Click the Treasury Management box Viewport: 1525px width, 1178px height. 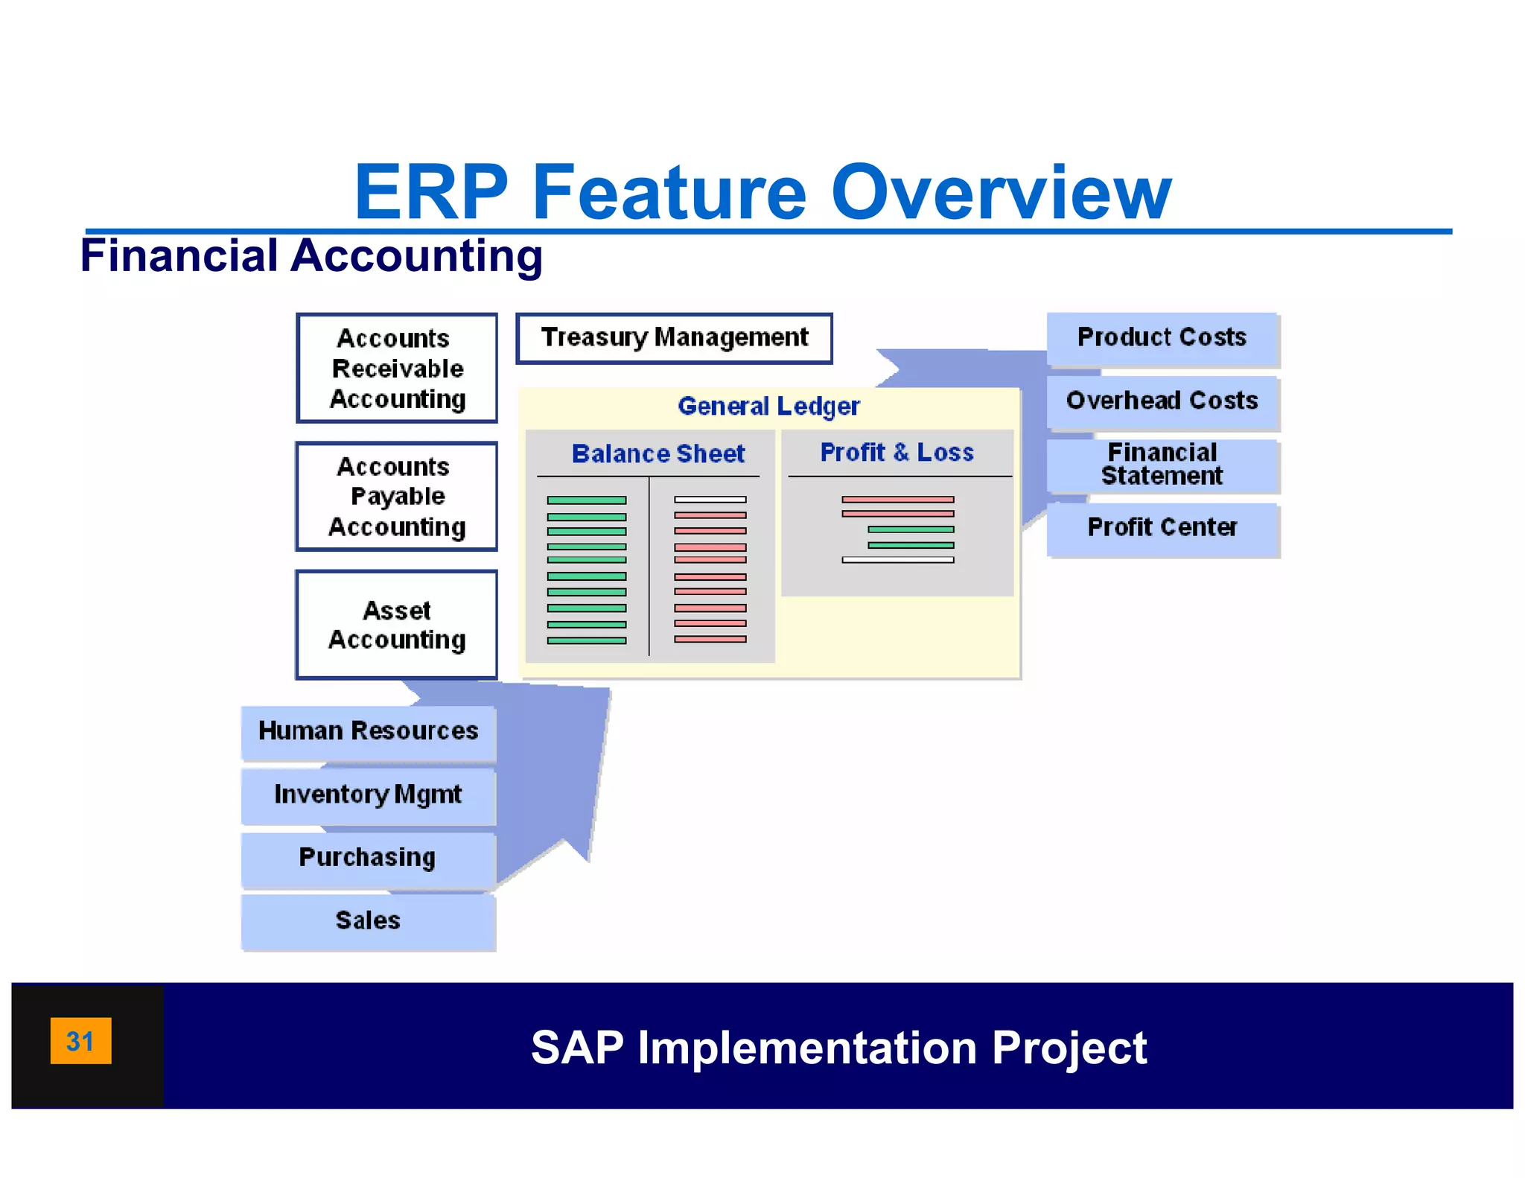[674, 338]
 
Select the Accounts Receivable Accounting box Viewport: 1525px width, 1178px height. [397, 368]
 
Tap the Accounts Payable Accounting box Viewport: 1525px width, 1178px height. [397, 497]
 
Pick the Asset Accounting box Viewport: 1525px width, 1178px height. [397, 625]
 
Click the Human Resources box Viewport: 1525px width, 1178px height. [368, 731]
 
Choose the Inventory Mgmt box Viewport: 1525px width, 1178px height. [368, 795]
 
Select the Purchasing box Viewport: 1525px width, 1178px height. [368, 858]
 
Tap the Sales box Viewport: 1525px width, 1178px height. [368, 921]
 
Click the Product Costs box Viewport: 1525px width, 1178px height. [1162, 337]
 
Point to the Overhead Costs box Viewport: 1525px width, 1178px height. [1162, 401]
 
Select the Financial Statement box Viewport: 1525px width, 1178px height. [1162, 464]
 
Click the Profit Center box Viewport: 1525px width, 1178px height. [1162, 527]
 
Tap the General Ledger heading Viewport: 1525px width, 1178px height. [768, 407]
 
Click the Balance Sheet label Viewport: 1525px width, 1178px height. [658, 453]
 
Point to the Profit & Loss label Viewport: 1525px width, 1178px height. [897, 452]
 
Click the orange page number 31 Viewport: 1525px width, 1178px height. [80, 1041]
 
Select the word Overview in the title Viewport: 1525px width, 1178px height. [1001, 193]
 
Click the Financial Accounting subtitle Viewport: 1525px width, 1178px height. [311, 255]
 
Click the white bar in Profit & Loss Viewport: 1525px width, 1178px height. [897, 560]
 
